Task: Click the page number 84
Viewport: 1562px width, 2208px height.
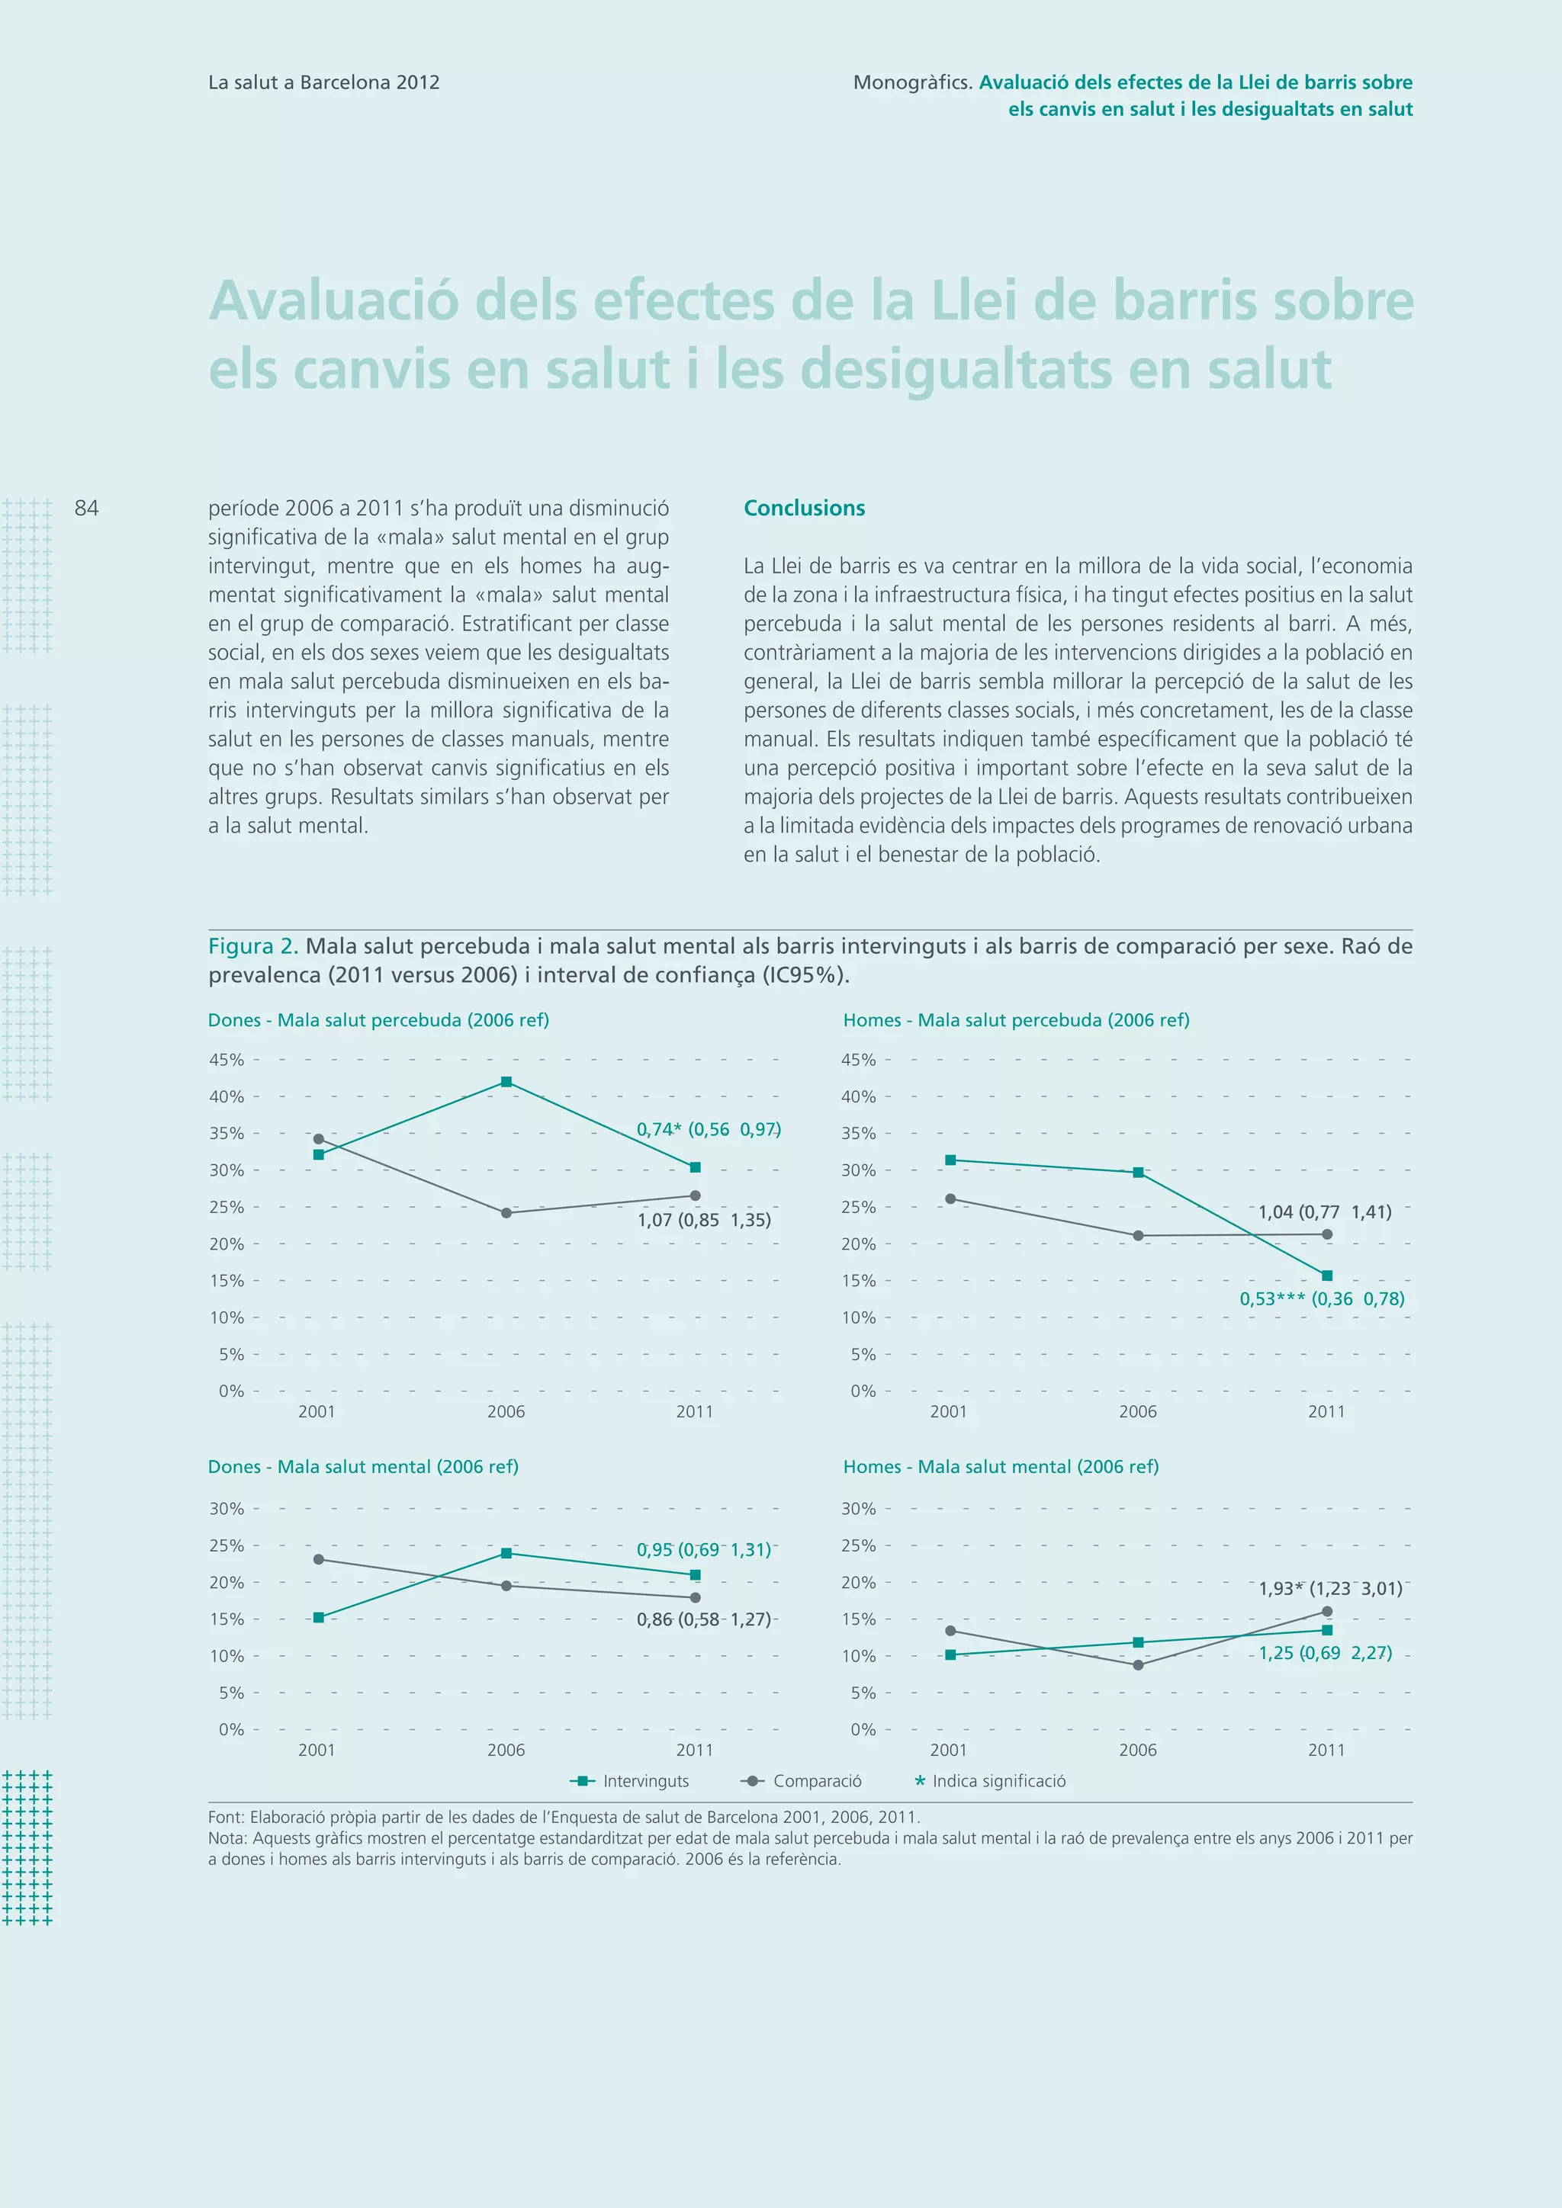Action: [86, 509]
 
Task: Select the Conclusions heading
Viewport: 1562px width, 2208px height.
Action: [804, 509]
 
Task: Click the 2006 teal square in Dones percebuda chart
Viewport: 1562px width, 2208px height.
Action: [507, 1082]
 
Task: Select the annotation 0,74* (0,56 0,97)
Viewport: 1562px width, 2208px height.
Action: [708, 1130]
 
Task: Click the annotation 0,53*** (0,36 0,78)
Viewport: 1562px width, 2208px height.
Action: [1322, 1299]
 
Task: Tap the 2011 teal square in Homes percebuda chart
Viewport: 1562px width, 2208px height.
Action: [1327, 1276]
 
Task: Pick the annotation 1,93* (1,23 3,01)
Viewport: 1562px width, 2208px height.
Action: [1330, 1589]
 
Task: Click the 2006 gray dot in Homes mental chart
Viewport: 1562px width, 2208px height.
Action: [1139, 1664]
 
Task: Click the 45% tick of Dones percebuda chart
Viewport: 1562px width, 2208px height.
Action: [227, 1060]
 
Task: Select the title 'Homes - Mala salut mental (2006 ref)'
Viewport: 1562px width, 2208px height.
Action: [1001, 1467]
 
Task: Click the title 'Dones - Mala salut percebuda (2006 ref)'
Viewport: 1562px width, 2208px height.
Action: [379, 1020]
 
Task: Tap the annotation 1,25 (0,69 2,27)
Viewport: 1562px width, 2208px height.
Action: [1326, 1653]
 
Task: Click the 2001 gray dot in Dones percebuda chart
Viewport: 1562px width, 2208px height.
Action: [318, 1138]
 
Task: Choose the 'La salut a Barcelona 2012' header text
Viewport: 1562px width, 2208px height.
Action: [324, 82]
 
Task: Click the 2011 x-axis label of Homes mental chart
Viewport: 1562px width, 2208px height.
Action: [1326, 1751]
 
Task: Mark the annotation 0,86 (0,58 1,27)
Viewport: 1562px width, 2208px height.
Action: [704, 1619]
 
